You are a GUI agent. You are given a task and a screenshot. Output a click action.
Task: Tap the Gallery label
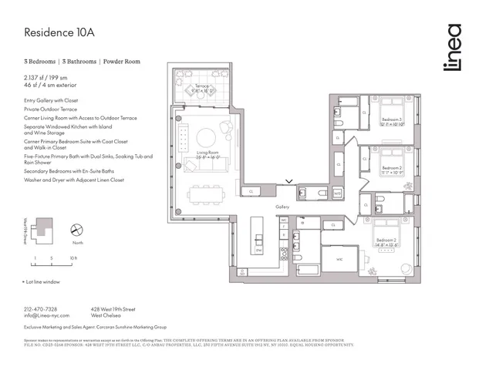coord(282,207)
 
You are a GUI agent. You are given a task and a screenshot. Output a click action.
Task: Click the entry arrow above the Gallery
coord(288,182)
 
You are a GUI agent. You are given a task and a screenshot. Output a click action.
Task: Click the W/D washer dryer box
coord(338,193)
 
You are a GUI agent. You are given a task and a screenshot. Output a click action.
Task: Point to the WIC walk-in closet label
coord(339,259)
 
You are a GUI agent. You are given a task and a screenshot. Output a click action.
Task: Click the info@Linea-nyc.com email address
coord(46,315)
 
